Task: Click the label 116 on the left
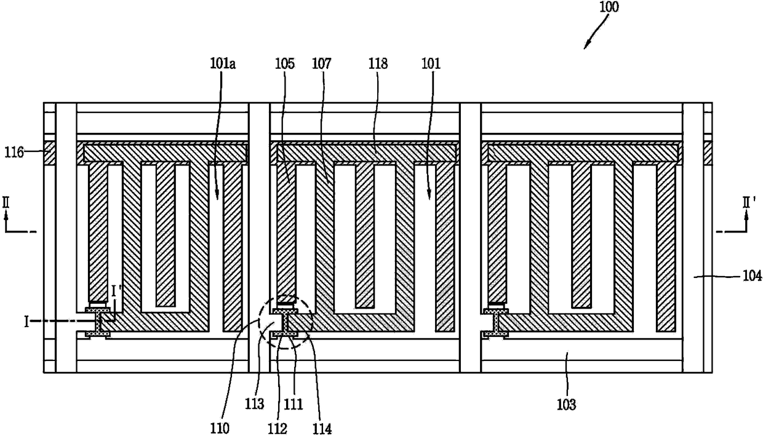click(x=15, y=151)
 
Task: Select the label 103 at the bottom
click(x=567, y=404)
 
